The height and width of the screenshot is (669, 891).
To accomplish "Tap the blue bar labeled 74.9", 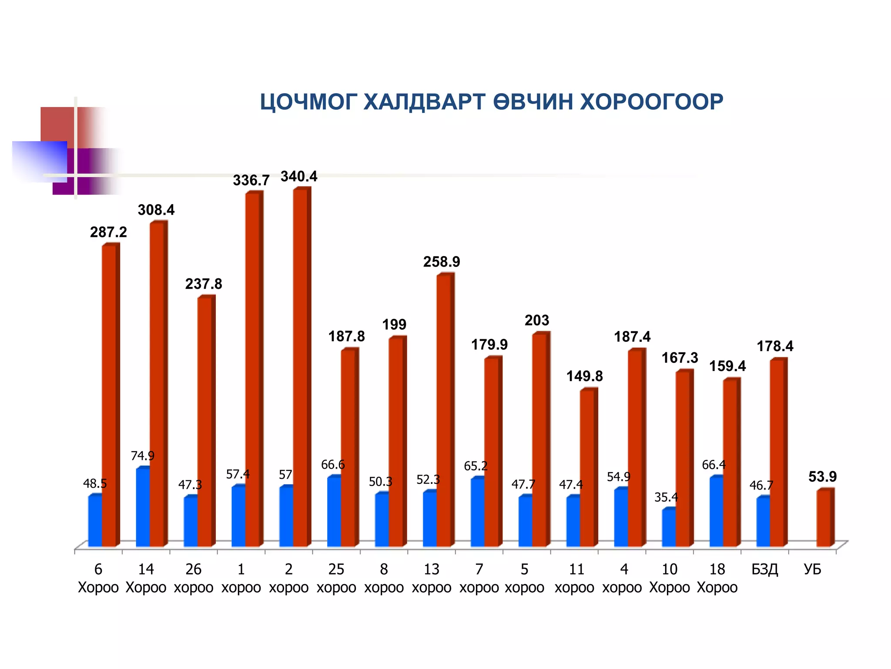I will (143, 507).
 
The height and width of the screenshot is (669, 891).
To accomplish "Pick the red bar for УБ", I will (824, 518).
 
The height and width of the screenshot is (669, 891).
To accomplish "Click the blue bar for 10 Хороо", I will (669, 528).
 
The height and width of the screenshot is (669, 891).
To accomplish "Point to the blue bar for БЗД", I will (763, 522).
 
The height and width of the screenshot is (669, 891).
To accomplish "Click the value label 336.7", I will (251, 180).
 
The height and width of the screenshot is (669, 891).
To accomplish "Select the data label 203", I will (537, 321).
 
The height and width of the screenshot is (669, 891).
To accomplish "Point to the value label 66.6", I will (333, 465).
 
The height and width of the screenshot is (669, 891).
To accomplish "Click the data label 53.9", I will (822, 477).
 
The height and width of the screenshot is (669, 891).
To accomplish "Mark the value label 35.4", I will (666, 497).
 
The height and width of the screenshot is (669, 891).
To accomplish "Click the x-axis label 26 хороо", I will (194, 578).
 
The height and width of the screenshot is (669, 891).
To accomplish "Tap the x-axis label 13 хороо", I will (432, 578).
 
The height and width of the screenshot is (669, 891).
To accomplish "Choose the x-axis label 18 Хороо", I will (717, 578).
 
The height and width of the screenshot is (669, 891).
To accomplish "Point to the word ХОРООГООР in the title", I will (652, 103).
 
